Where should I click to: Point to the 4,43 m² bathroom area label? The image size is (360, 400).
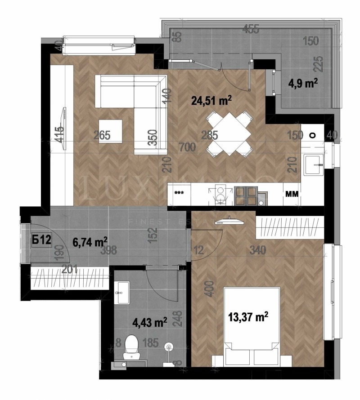click(150, 322)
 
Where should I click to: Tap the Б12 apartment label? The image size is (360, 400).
click(41, 240)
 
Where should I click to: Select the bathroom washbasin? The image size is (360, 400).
click(122, 293)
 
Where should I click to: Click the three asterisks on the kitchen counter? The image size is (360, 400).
click(179, 193)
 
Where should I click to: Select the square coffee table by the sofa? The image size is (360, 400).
click(111, 131)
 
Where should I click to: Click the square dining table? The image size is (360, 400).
click(228, 133)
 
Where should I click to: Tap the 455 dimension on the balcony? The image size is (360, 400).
click(250, 30)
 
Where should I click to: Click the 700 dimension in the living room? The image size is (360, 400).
click(188, 146)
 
